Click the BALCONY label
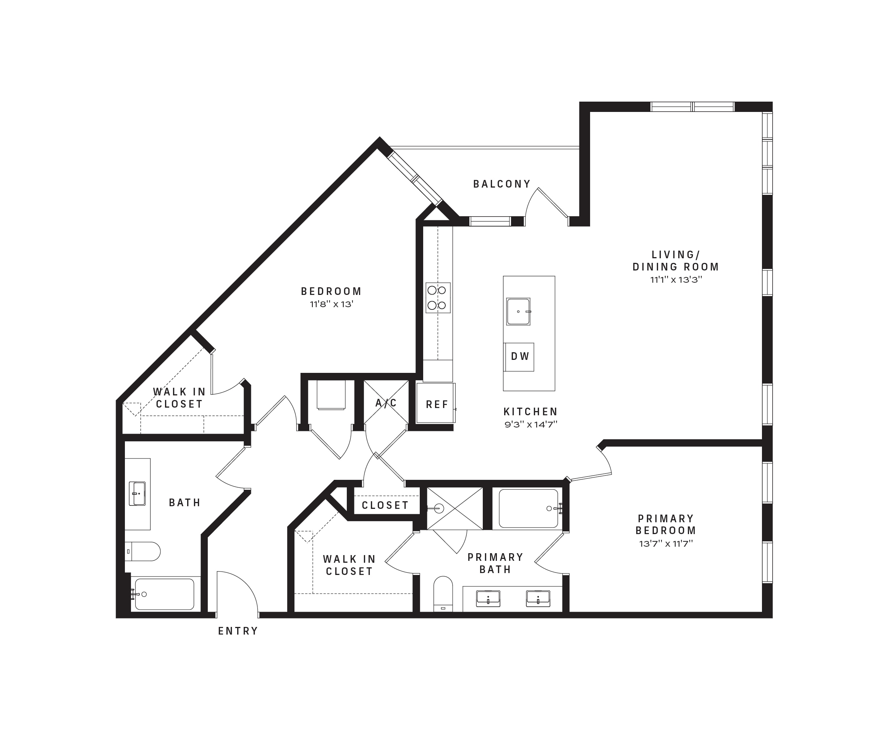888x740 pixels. [x=501, y=184]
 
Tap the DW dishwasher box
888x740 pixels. [x=520, y=357]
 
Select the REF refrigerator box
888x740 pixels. [x=436, y=403]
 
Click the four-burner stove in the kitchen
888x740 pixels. [x=438, y=298]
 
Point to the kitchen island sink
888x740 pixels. [x=518, y=312]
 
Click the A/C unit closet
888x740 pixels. [x=386, y=403]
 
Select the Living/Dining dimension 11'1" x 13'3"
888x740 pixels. [x=676, y=280]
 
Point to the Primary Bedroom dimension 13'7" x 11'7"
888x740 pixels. [x=666, y=543]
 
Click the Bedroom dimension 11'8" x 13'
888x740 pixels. [x=332, y=304]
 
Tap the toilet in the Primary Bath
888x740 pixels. [x=443, y=594]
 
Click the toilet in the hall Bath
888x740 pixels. [x=143, y=551]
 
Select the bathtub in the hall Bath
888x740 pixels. [x=165, y=594]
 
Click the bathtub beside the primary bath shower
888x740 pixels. [x=529, y=509]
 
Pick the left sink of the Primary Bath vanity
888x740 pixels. [x=488, y=598]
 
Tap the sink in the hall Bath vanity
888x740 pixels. [x=137, y=494]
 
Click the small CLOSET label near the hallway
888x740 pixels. [x=385, y=505]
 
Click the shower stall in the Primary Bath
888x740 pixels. [x=455, y=508]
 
